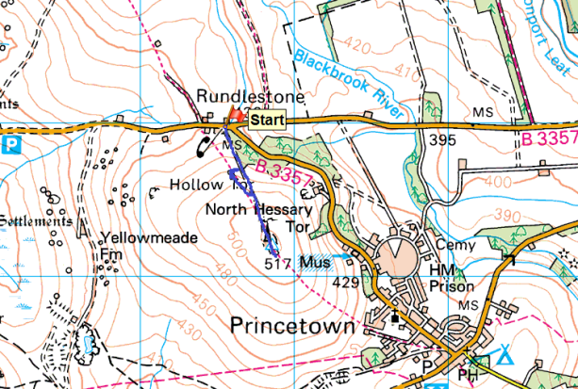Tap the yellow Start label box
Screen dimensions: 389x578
268,119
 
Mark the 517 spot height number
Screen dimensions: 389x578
276,265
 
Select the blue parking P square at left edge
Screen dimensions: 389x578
11,145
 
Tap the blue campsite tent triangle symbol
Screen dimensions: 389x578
506,355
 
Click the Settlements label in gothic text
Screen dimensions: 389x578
36,220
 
